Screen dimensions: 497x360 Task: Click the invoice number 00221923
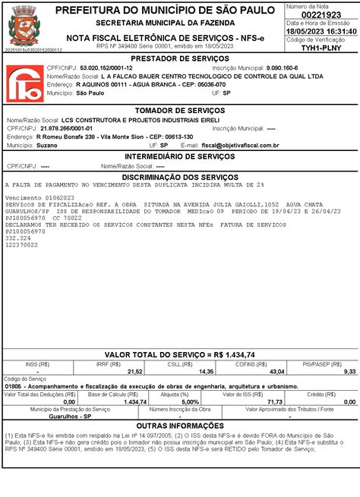point(322,14)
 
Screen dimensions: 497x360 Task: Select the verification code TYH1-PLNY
point(322,47)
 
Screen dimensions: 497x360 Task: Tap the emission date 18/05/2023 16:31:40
point(322,31)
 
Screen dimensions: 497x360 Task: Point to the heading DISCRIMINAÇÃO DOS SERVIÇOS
point(180,176)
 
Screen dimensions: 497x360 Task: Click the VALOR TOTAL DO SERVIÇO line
point(180,354)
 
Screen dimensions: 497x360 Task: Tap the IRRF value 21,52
point(134,372)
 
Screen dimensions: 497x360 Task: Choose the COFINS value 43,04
point(277,372)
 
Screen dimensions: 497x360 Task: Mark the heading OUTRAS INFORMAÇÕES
point(180,426)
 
